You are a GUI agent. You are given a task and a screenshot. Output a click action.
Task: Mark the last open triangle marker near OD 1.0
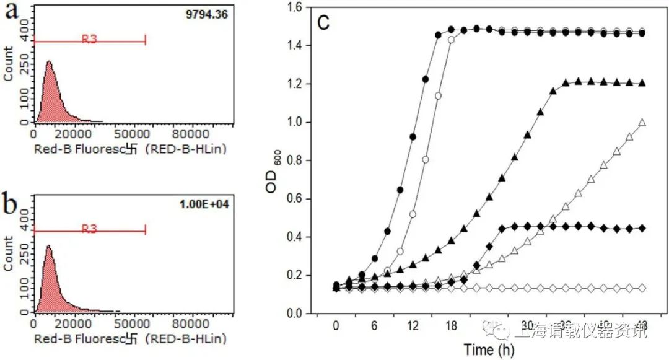pos(642,123)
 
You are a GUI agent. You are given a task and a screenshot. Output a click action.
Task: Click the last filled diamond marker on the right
pos(642,229)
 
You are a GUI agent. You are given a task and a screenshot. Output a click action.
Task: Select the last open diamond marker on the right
pos(642,288)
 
